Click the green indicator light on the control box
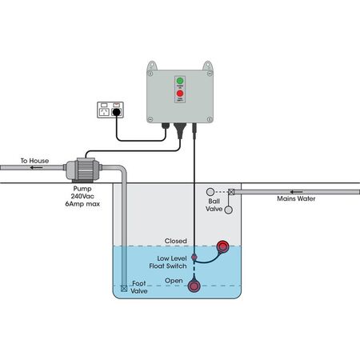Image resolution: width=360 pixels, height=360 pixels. pyautogui.click(x=178, y=81)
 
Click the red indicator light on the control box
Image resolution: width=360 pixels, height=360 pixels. pyautogui.click(x=178, y=94)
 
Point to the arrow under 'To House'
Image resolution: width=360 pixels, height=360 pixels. pyautogui.click(x=34, y=169)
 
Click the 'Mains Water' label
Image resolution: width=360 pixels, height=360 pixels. pyautogui.click(x=296, y=198)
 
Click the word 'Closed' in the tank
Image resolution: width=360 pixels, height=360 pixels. pyautogui.click(x=175, y=240)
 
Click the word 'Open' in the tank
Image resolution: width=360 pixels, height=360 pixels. pyautogui.click(x=174, y=281)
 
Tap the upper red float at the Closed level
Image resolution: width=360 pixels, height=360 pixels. pyautogui.click(x=223, y=246)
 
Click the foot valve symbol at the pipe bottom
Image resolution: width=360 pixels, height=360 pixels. pyautogui.click(x=123, y=288)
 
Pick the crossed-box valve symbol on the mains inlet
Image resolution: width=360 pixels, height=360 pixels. pyautogui.click(x=232, y=191)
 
